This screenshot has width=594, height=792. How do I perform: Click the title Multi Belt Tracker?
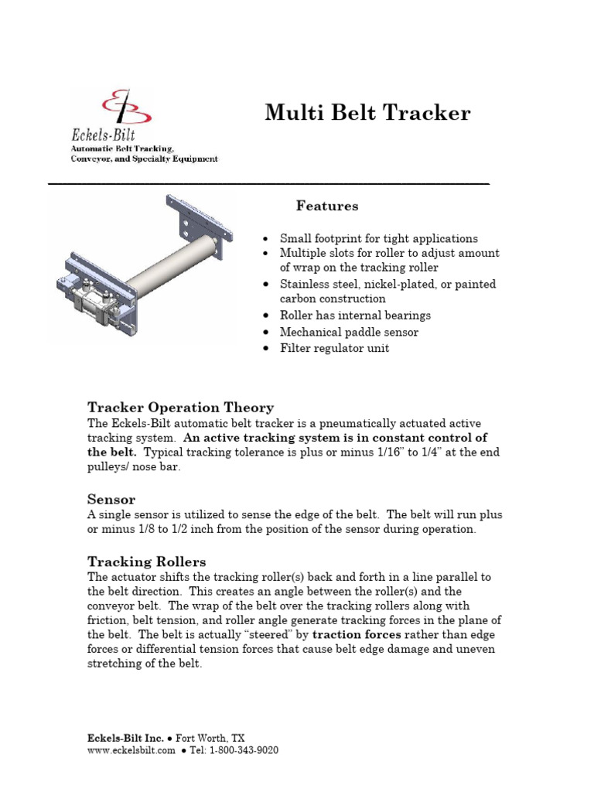click(367, 113)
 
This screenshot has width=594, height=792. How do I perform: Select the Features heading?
click(327, 207)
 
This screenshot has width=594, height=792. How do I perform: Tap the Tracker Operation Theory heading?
click(180, 408)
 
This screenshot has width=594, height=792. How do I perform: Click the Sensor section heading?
click(111, 500)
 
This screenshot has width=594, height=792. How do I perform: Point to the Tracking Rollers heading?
click(146, 562)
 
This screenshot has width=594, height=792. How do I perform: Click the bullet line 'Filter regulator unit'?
click(334, 348)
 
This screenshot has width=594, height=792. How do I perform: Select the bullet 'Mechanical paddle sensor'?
click(349, 332)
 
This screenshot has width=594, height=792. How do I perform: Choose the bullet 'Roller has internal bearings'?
click(355, 316)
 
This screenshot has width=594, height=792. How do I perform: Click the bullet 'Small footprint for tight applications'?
click(378, 238)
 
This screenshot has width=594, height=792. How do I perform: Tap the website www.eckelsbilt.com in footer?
click(131, 750)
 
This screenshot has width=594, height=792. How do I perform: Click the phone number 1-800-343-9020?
click(244, 750)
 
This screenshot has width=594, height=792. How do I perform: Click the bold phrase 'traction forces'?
click(357, 634)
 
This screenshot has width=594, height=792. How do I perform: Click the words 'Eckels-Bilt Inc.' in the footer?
click(125, 739)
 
